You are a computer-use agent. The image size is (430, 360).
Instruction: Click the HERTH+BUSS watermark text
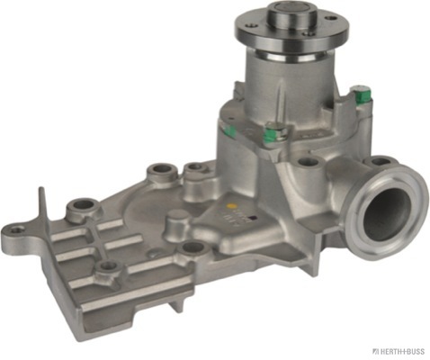(400, 351)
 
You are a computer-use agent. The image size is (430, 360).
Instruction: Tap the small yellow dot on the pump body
(231, 207)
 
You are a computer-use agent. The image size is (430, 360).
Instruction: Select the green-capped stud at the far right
(363, 94)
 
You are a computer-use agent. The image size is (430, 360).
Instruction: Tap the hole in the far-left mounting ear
(17, 230)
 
